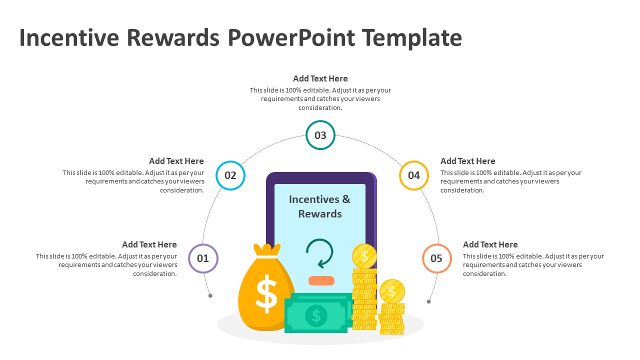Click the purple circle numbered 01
click(203, 258)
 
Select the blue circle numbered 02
click(230, 175)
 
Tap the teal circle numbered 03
click(320, 135)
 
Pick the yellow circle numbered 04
click(414, 175)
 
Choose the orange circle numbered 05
click(436, 258)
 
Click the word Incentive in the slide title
click(68, 38)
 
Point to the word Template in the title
click(411, 38)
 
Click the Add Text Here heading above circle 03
click(320, 78)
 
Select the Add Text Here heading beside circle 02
click(176, 161)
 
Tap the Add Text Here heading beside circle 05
click(490, 244)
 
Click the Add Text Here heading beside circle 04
click(467, 161)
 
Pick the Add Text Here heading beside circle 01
click(149, 244)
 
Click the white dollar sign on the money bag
click(266, 293)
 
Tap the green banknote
click(316, 313)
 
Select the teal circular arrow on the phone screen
click(319, 253)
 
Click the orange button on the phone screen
click(321, 280)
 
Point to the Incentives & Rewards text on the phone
click(320, 206)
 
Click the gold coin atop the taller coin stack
click(364, 256)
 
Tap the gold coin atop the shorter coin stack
click(392, 291)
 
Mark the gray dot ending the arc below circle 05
click(428, 301)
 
